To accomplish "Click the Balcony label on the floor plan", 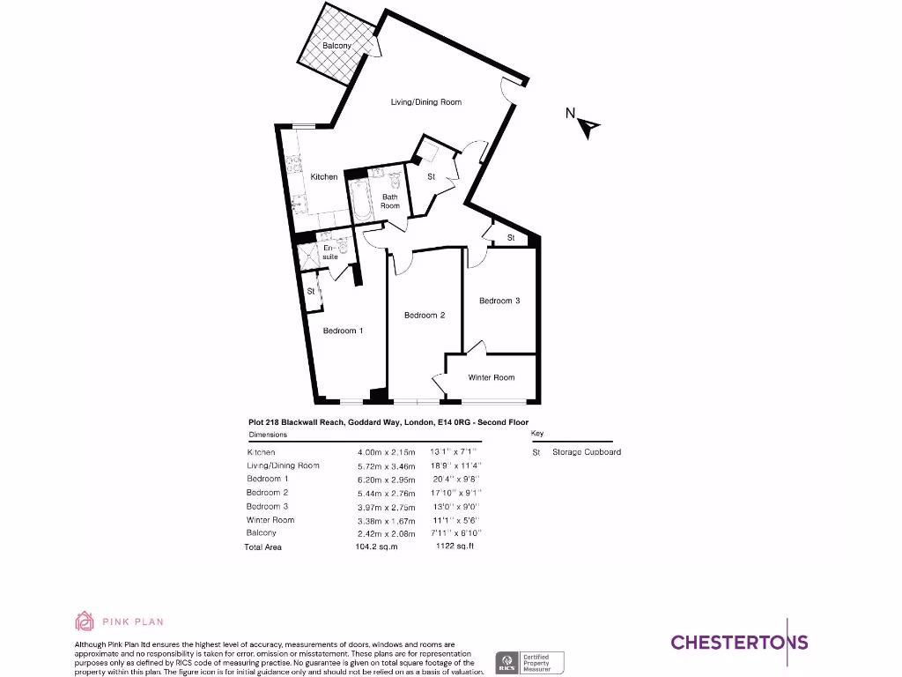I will pyautogui.click(x=336, y=46).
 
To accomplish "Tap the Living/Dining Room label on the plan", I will pyautogui.click(x=426, y=102).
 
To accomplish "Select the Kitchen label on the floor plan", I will pyautogui.click(x=324, y=177).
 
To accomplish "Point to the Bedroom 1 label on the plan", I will pyautogui.click(x=343, y=331).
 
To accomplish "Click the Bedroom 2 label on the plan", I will pyautogui.click(x=425, y=316).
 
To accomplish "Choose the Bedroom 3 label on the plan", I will pyautogui.click(x=499, y=301).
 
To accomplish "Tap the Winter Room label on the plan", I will pyautogui.click(x=492, y=378).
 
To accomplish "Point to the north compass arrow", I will pyautogui.click(x=588, y=128).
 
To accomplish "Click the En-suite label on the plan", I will pyautogui.click(x=330, y=252).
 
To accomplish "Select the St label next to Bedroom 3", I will pyautogui.click(x=511, y=239).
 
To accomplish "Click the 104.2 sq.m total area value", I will pyautogui.click(x=376, y=547).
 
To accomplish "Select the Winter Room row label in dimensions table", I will pyautogui.click(x=270, y=520).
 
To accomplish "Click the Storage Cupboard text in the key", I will pyautogui.click(x=587, y=452).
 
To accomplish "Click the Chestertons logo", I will pyautogui.click(x=739, y=642).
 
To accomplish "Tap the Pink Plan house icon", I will pyautogui.click(x=85, y=621).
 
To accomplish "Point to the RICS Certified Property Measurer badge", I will pyautogui.click(x=530, y=663).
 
